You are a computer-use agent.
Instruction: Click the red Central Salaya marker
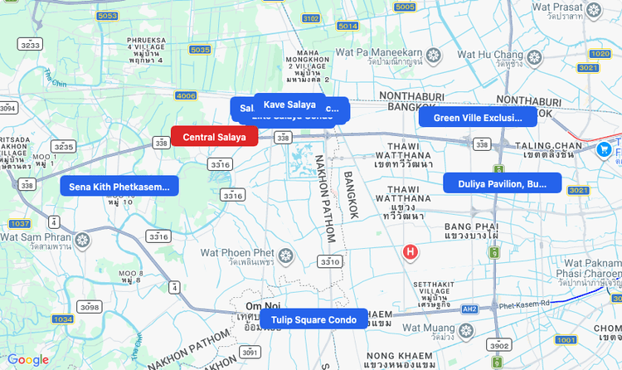coord(214,136)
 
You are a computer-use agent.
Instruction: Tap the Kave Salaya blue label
coord(289,105)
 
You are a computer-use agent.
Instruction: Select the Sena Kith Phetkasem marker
coord(119,186)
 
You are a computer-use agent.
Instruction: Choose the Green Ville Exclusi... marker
coord(478,118)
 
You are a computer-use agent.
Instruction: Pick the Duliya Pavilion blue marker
coord(502,183)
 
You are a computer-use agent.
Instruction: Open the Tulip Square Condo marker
coord(313,319)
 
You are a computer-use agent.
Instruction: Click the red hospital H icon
coord(409,251)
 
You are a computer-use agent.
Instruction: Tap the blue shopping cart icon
coord(604,149)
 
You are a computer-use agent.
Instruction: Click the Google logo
coord(28,359)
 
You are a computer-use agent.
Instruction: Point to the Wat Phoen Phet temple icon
coord(286,255)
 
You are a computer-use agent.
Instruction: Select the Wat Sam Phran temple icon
coord(82,241)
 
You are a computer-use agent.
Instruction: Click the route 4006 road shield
coord(186,96)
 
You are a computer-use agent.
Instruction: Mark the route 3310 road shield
coord(329,262)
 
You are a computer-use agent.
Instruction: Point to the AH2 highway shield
coord(470,309)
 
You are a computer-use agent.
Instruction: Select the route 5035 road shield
coord(200,50)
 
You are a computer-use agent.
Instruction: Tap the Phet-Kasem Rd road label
coord(524,304)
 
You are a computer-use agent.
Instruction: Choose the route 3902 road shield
coord(498,345)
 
